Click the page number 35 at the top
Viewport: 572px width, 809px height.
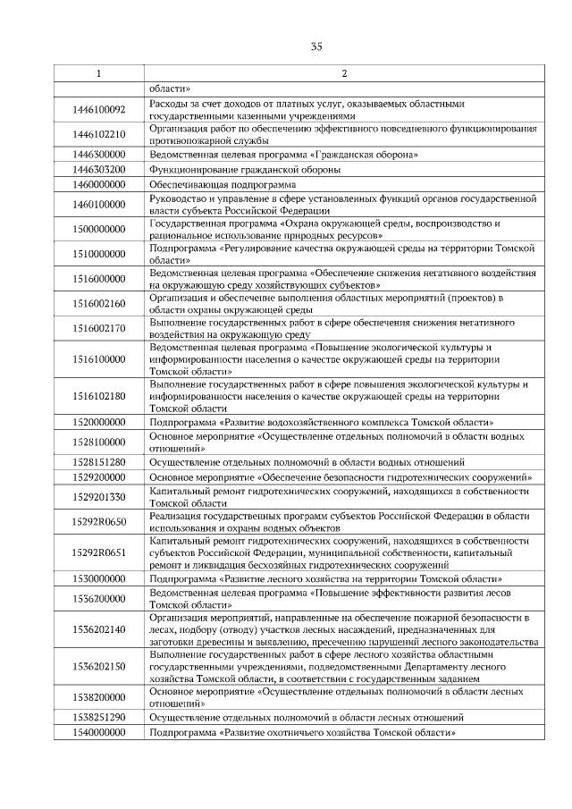316,46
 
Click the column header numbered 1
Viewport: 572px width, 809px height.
98,73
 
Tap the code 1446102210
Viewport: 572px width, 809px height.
98,135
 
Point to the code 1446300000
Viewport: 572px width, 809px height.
98,154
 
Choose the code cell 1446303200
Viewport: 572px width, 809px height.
98,168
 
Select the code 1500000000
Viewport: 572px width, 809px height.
98,229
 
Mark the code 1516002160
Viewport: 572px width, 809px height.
98,303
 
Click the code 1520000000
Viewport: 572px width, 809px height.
98,422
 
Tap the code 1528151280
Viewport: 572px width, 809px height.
98,462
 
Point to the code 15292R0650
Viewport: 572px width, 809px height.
98,521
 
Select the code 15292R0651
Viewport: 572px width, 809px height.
98,553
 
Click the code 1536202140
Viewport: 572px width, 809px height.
98,629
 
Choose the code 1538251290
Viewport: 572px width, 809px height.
98,718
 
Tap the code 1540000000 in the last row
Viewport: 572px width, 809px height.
98,732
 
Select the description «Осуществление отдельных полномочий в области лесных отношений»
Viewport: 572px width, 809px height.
307,718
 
